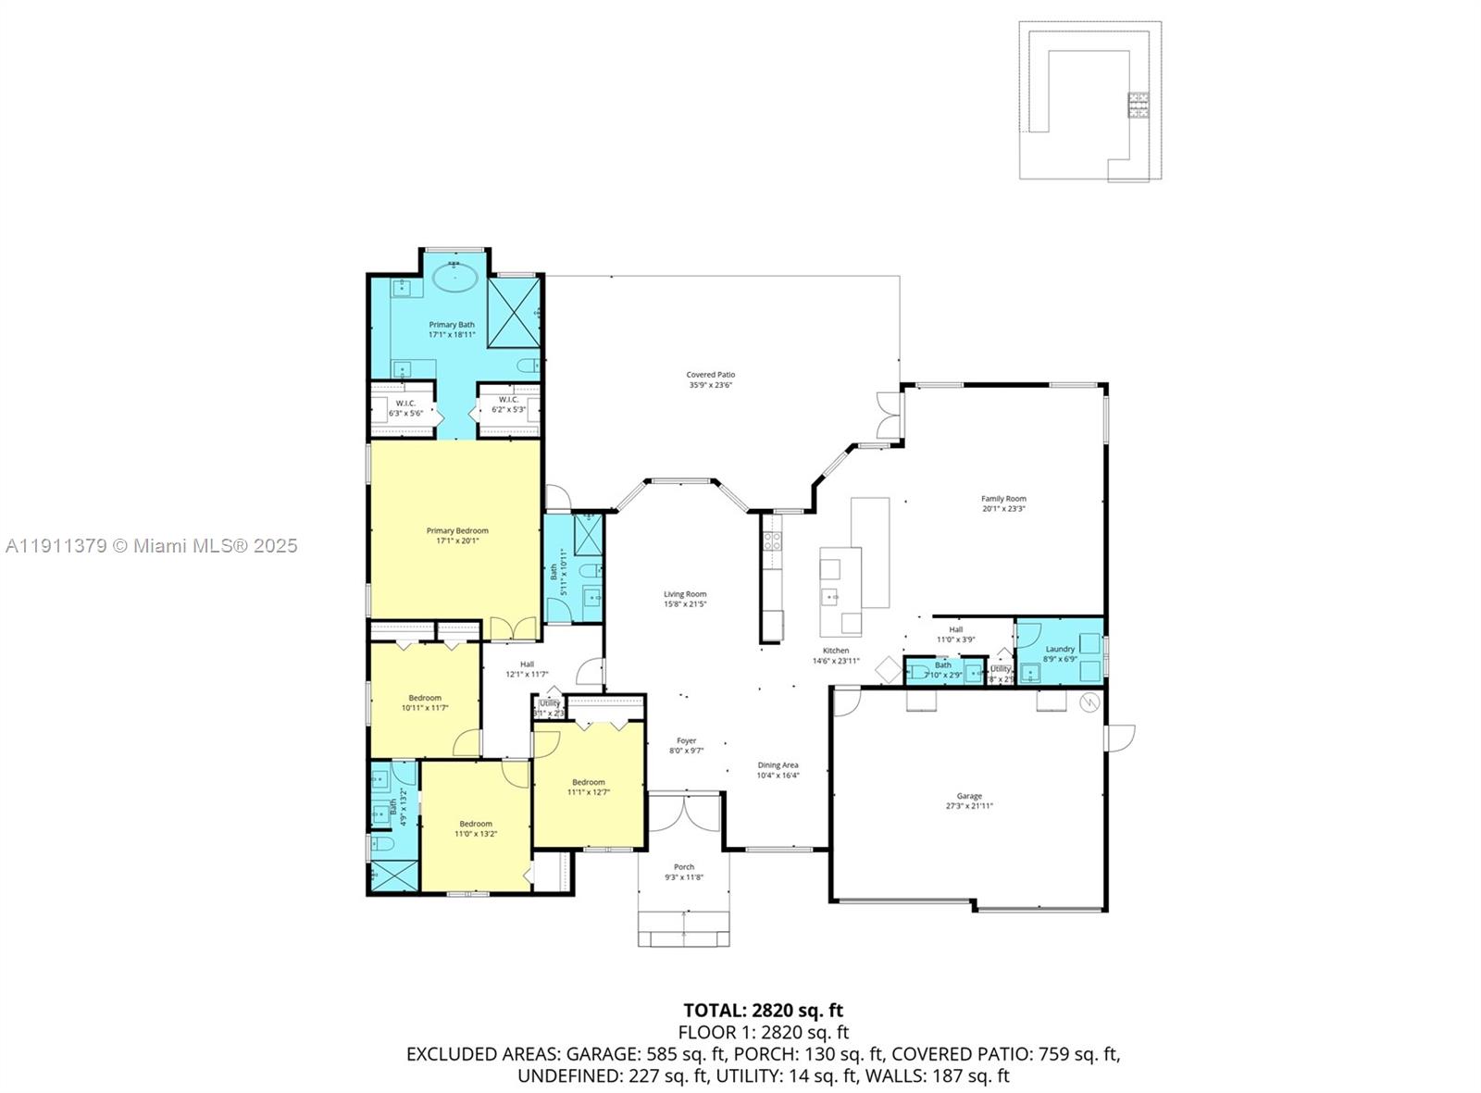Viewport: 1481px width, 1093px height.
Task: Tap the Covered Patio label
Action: tap(711, 375)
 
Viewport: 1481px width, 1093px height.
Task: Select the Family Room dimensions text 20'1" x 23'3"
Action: tap(1003, 509)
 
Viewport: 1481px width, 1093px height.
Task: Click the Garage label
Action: tap(969, 796)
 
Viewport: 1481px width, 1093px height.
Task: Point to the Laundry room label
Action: tap(1060, 649)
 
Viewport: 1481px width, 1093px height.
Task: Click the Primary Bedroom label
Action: tap(457, 530)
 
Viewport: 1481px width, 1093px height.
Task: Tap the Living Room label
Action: tap(685, 594)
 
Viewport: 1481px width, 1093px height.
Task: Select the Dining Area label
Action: tap(778, 765)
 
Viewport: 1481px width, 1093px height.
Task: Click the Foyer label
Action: tap(686, 740)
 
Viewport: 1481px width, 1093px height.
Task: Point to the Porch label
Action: tap(684, 867)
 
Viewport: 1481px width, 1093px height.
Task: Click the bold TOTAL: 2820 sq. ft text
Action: tap(763, 1011)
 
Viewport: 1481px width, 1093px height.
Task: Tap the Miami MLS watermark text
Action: tap(152, 546)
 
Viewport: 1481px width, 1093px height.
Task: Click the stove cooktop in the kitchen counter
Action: tap(772, 540)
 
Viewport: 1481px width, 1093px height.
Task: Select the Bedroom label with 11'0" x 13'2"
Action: tap(476, 824)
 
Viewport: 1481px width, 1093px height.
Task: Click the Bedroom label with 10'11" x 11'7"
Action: tap(425, 698)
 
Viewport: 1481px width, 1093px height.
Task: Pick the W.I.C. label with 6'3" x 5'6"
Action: tap(404, 403)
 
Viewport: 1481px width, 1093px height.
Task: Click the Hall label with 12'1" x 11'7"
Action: tap(527, 664)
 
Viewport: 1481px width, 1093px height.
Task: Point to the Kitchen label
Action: tap(836, 651)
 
